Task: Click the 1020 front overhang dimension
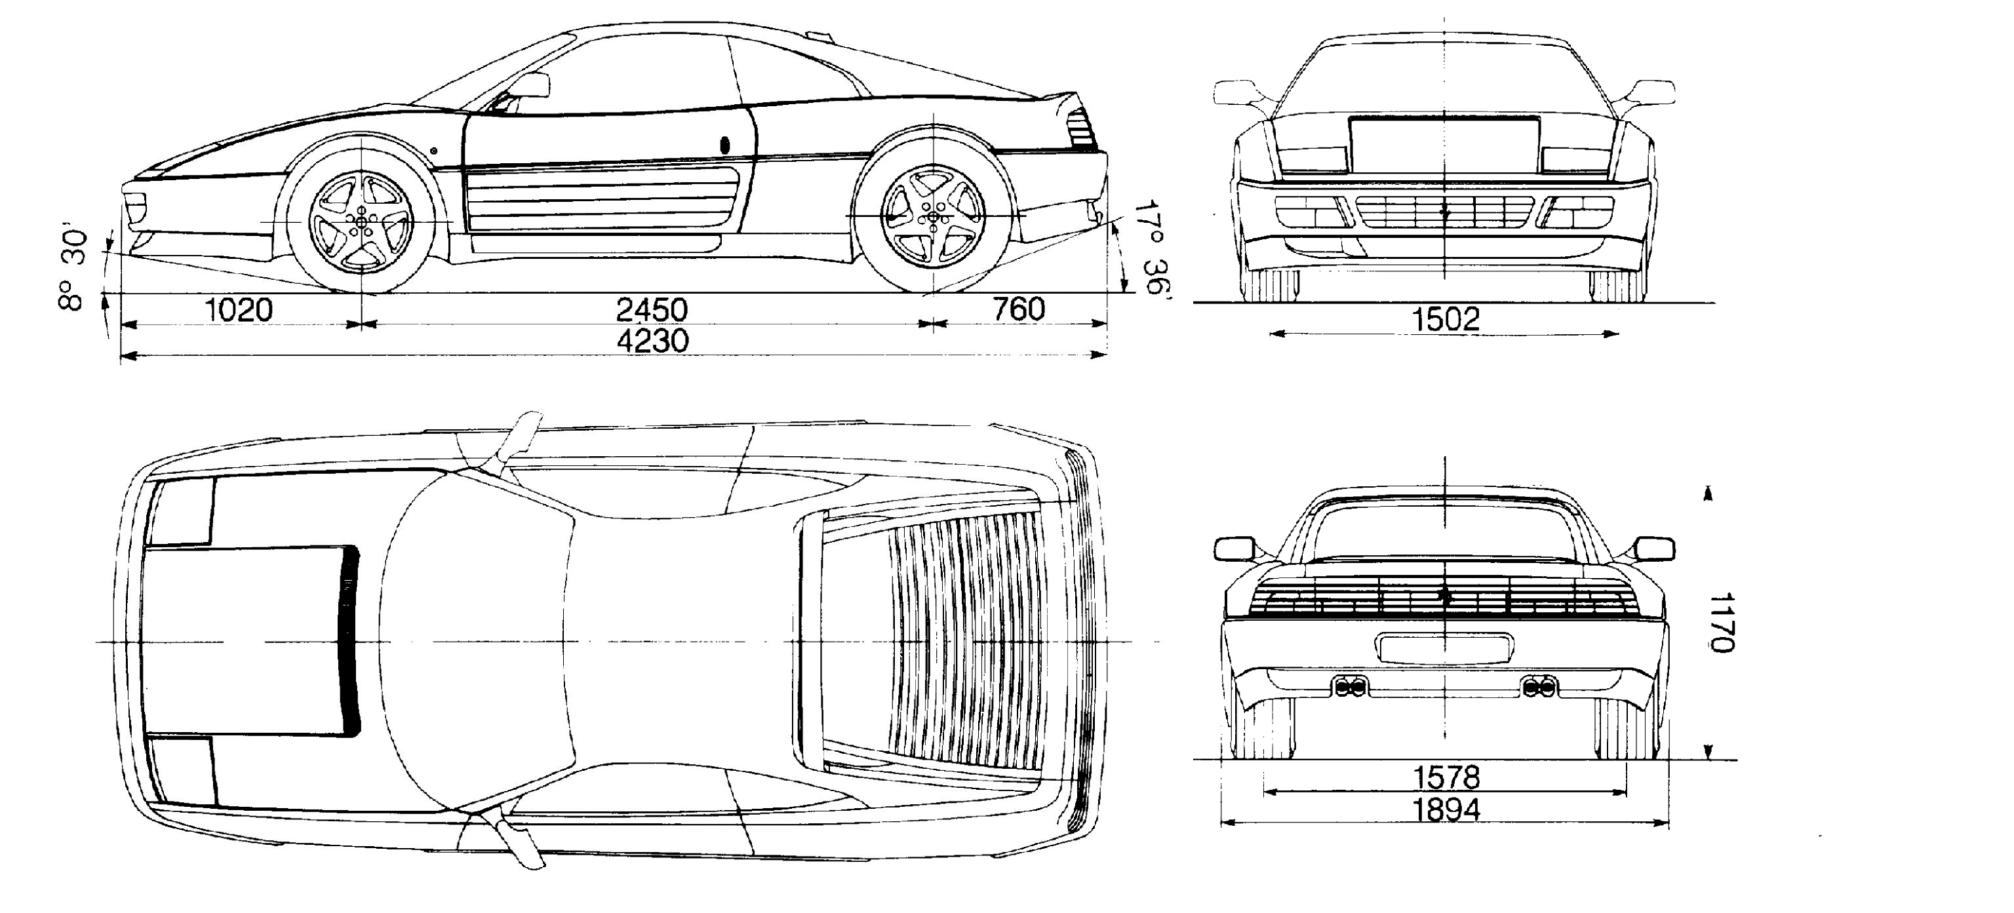point(239,310)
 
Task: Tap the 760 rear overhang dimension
point(1019,309)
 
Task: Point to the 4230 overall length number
point(653,341)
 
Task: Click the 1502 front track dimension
point(1446,319)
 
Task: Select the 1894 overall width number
point(1446,810)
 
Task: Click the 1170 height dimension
point(1722,622)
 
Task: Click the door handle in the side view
point(724,145)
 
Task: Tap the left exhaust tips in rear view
point(1349,688)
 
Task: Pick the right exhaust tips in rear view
point(1539,688)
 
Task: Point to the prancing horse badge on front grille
point(1445,211)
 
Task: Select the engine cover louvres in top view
point(968,641)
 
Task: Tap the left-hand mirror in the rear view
point(1234,549)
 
